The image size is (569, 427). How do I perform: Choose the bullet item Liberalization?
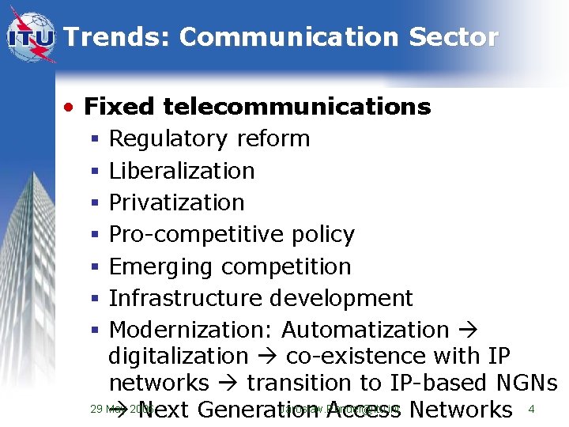[182, 170]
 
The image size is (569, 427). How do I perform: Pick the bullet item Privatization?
[176, 202]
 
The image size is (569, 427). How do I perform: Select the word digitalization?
[178, 357]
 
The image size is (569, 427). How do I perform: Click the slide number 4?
[531, 409]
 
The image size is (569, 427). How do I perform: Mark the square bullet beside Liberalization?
[94, 171]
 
